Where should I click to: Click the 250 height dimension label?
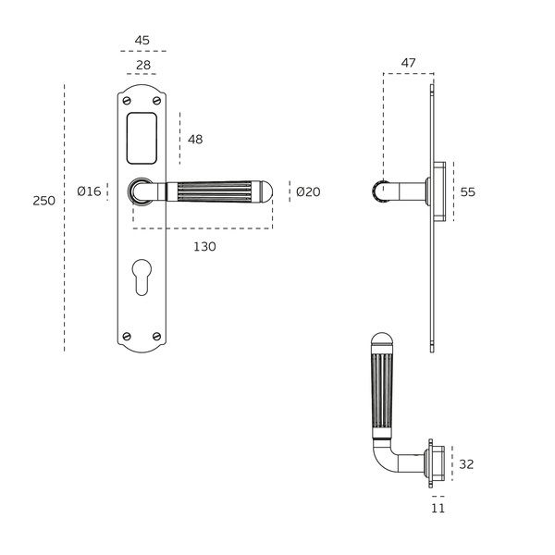[x=43, y=201]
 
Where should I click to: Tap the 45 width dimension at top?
[x=142, y=41]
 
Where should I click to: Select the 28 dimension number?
[x=143, y=65]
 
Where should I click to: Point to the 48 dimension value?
[x=195, y=140]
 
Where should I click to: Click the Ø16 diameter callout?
[x=89, y=191]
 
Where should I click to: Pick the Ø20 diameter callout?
[x=308, y=191]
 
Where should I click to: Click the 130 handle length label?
[x=204, y=246]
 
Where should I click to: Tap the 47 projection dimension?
[x=408, y=63]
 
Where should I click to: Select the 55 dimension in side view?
[x=467, y=192]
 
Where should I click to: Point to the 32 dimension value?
[x=466, y=464]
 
